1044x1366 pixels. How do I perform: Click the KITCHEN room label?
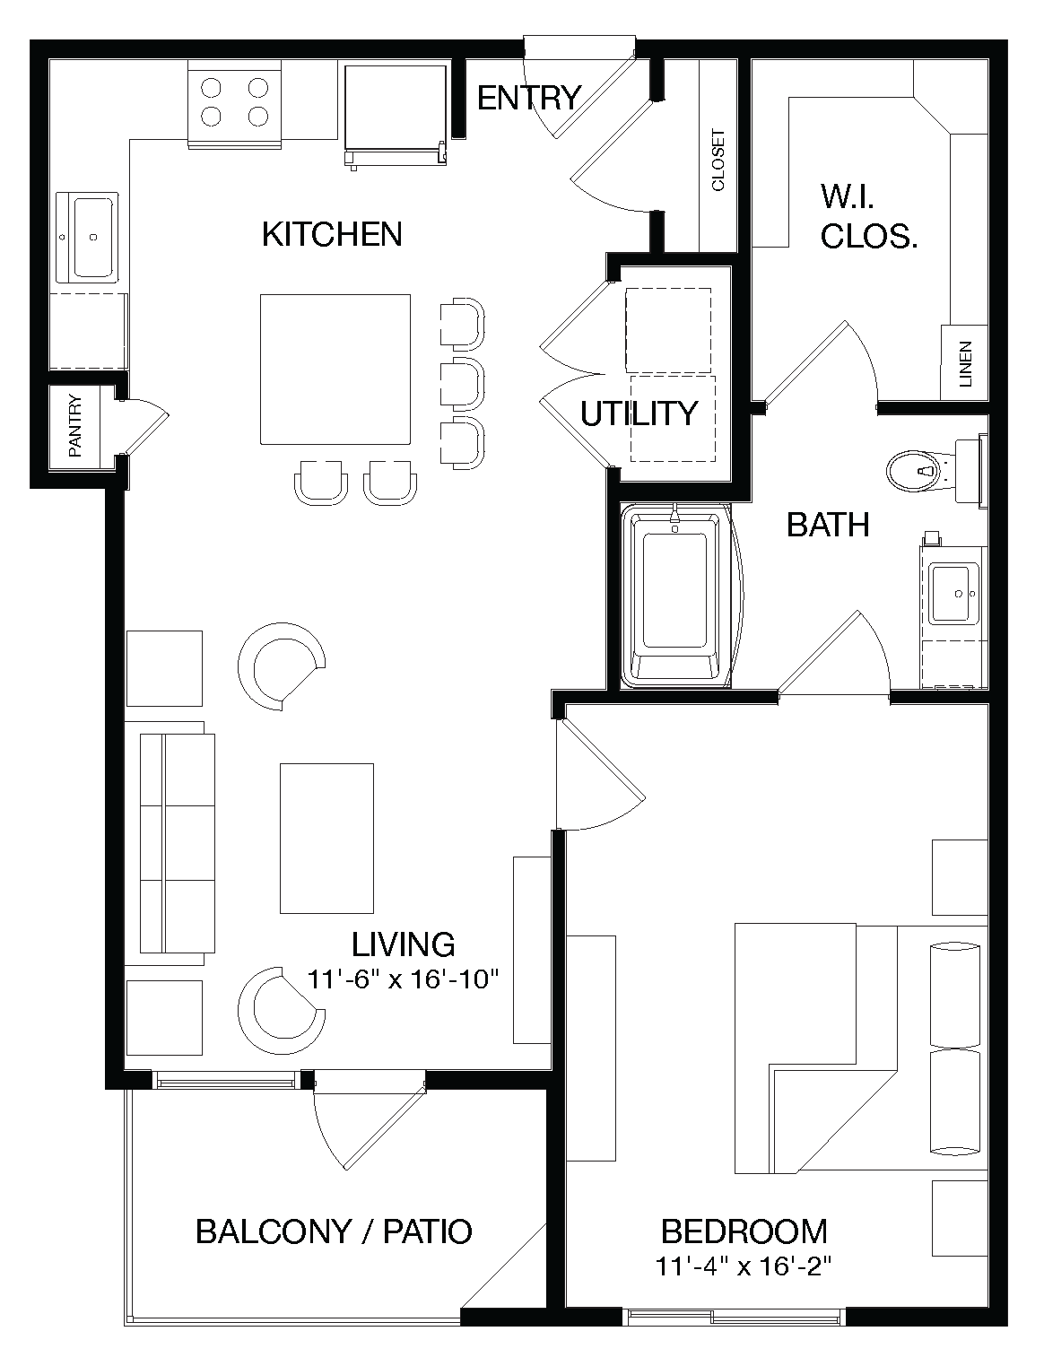(332, 234)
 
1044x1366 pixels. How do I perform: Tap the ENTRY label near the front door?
(528, 97)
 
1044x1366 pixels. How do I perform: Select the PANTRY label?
(75, 427)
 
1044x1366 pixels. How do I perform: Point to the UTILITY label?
(639, 413)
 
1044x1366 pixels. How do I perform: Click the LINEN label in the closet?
(965, 363)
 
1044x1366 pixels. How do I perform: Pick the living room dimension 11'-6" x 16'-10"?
(403, 979)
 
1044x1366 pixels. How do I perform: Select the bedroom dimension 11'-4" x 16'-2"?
(744, 1267)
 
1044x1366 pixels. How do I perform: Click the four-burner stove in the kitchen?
(235, 102)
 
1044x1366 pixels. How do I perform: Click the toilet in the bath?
(924, 469)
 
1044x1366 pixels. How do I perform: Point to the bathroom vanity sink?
(953, 593)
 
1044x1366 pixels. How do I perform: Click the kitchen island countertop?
(335, 369)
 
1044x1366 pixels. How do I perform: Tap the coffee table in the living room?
(326, 838)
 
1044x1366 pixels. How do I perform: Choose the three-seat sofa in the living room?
(177, 843)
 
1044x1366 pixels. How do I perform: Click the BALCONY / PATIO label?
(334, 1231)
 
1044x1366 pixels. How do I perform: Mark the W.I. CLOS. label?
(868, 216)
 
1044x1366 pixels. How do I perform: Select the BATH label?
(827, 525)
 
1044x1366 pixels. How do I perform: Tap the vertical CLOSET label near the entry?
(718, 161)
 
